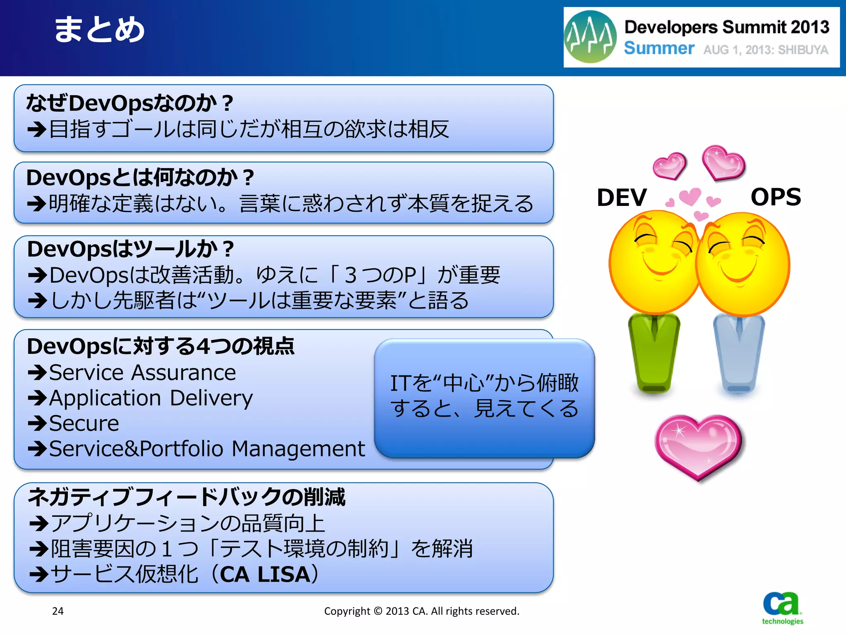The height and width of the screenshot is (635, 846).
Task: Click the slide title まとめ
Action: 99,30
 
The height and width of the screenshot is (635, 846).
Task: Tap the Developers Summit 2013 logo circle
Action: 590,37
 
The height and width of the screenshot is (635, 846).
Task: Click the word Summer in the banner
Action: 659,48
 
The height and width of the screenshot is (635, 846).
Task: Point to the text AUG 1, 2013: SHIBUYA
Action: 765,50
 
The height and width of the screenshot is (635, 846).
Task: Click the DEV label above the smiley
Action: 622,197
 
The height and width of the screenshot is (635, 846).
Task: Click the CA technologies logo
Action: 782,608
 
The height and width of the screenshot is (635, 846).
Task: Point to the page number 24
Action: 58,611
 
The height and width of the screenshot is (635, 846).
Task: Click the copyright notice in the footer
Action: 421,611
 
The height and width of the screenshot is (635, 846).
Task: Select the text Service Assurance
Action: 143,372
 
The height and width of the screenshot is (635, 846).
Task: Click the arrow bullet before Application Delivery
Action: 37,398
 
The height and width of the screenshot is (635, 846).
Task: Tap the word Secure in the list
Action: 84,423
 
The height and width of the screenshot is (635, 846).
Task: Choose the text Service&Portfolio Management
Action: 207,449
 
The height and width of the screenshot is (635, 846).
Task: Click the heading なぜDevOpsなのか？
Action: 130,103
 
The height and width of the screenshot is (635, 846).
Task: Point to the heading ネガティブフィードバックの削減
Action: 186,497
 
